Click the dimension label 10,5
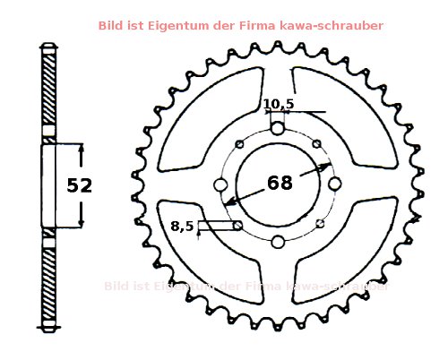(279, 105)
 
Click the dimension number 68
(280, 184)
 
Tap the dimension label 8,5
(183, 227)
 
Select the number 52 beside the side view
(81, 185)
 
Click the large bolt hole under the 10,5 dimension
(278, 128)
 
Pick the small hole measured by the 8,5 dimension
(237, 226)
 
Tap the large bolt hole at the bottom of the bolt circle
(278, 240)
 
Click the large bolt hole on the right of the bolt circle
(334, 184)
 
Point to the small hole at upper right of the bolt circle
(318, 144)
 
